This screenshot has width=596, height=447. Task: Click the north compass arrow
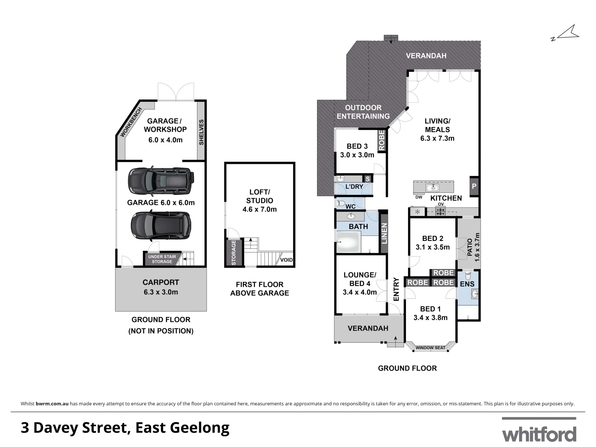(x=566, y=34)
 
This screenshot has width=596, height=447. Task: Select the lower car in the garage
(x=161, y=226)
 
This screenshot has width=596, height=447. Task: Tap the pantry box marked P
(x=474, y=186)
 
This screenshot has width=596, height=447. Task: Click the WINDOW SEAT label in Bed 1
(x=430, y=348)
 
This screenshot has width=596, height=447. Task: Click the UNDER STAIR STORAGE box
(x=162, y=259)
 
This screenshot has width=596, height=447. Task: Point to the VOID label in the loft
(x=286, y=260)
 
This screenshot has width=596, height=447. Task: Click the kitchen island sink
(x=433, y=188)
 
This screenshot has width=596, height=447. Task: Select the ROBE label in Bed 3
(x=381, y=141)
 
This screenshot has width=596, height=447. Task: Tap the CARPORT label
(x=161, y=282)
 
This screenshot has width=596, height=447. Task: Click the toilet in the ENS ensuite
(x=468, y=275)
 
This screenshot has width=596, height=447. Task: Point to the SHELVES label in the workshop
(x=202, y=132)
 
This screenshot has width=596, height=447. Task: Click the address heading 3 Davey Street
(x=125, y=428)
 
